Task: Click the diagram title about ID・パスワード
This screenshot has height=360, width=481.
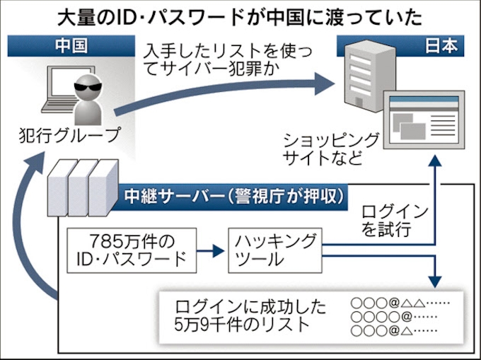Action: pyautogui.click(x=241, y=16)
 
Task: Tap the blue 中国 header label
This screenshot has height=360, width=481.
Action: pyautogui.click(x=70, y=47)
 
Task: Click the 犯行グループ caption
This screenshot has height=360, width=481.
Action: pyautogui.click(x=69, y=134)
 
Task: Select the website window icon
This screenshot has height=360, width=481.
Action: pyautogui.click(x=422, y=120)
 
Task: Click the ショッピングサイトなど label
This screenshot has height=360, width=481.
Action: pyautogui.click(x=330, y=148)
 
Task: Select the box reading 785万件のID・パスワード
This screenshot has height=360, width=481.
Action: pyautogui.click(x=130, y=248)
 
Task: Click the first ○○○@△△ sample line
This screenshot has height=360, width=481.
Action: pyautogui.click(x=400, y=303)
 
